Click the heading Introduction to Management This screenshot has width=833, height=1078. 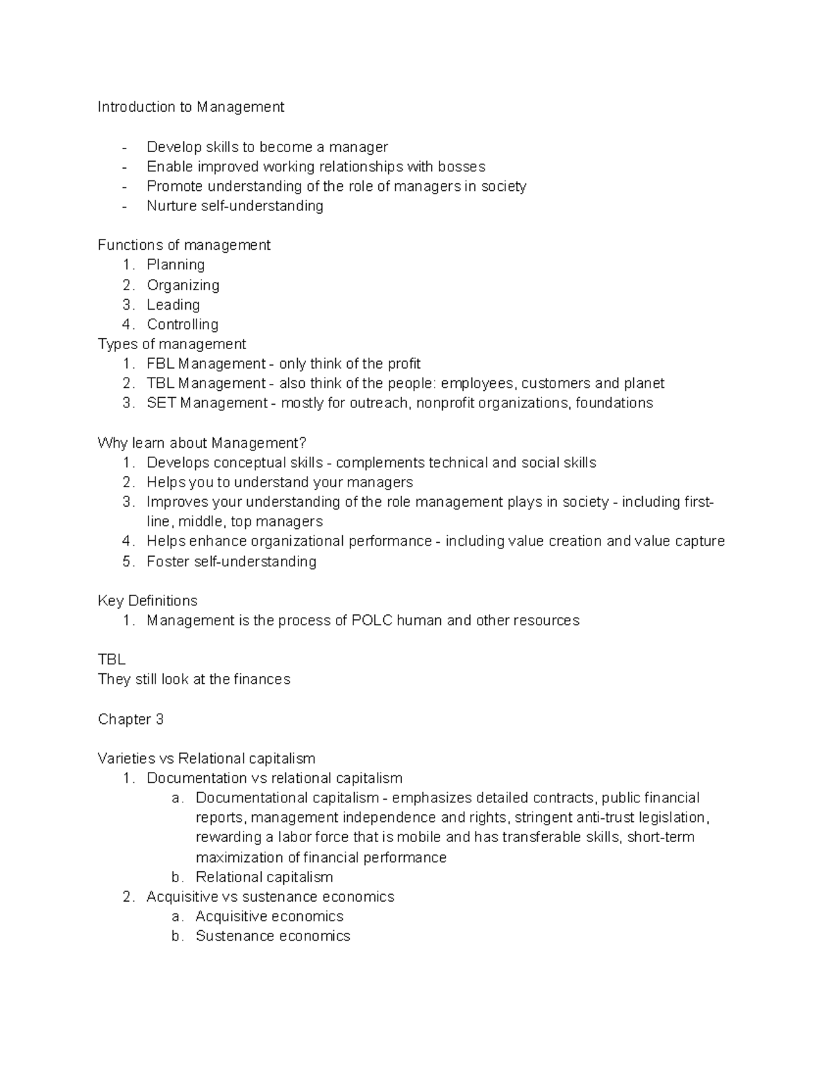click(191, 107)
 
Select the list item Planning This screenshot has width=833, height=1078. click(176, 264)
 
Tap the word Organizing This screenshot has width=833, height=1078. click(183, 285)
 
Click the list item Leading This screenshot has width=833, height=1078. click(173, 305)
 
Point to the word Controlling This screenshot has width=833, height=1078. click(182, 324)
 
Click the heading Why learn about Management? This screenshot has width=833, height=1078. click(202, 443)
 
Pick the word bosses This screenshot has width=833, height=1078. click(462, 167)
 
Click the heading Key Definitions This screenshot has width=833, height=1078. click(147, 600)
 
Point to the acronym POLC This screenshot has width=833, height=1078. click(371, 621)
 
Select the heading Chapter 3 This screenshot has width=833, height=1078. click(131, 719)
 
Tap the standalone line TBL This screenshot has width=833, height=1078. click(111, 659)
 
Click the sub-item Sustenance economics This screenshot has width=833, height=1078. click(272, 936)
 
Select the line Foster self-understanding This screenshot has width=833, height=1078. click(231, 562)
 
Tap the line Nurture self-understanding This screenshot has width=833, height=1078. click(235, 206)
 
